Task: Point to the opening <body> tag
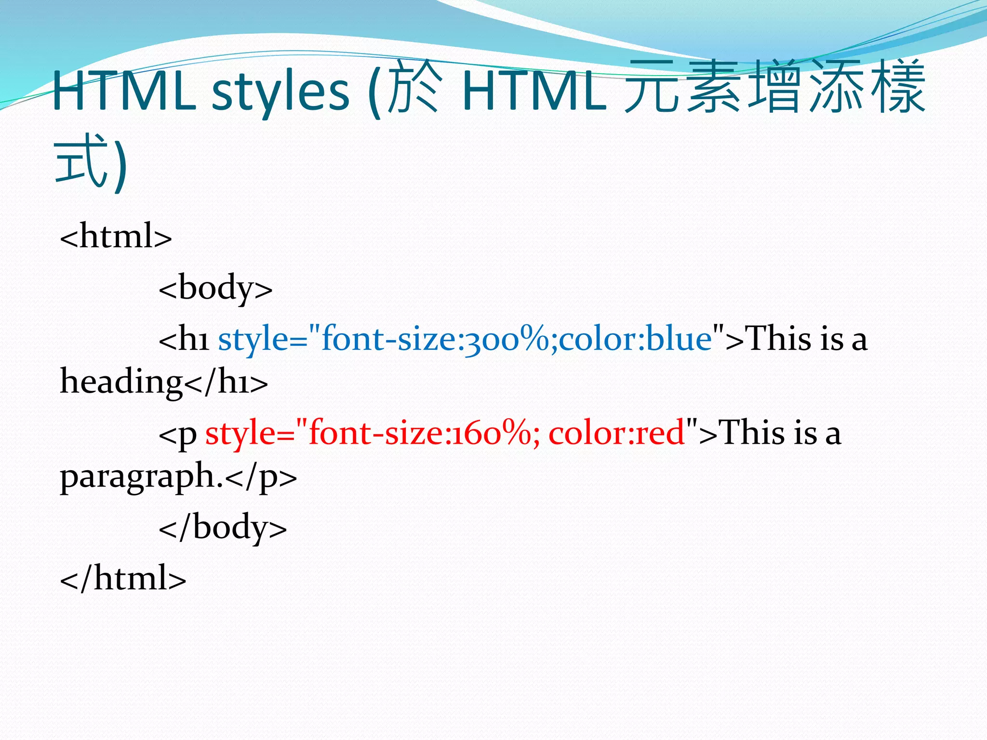(x=215, y=288)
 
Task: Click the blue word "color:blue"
(x=636, y=339)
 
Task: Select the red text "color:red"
(x=616, y=433)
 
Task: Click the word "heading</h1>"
(x=164, y=382)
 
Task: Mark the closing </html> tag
(x=123, y=578)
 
